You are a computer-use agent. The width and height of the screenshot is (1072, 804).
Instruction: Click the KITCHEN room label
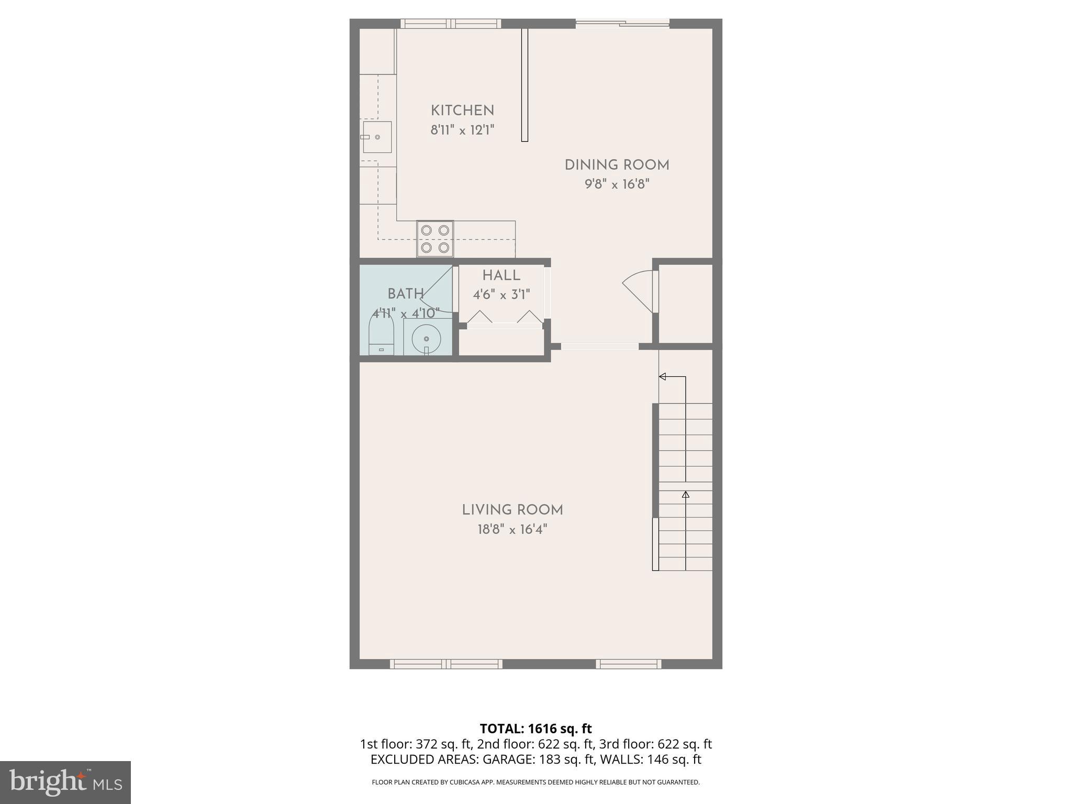point(462,111)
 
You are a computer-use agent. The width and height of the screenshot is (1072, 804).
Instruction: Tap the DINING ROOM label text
point(617,165)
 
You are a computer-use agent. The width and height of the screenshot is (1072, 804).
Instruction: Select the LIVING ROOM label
point(512,510)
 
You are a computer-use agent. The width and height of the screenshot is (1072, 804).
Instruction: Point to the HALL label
point(501,276)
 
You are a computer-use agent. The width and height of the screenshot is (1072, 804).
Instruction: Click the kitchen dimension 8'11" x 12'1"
point(462,130)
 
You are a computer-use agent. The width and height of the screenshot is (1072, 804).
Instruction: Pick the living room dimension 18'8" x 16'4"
point(512,530)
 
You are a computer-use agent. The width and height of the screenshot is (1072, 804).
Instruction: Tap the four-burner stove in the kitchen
point(435,239)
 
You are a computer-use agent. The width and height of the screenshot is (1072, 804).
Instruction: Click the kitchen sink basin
point(377,137)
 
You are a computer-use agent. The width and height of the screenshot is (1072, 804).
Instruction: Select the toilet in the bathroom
point(381,335)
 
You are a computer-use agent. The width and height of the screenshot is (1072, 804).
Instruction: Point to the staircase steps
point(685,487)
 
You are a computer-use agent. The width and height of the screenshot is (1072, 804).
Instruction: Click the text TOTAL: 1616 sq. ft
point(535,729)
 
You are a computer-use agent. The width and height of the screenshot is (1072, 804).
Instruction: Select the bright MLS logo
point(65,782)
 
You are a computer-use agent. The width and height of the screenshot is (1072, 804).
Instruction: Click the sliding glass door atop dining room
point(622,23)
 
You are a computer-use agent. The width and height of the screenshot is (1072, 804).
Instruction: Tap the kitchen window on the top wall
point(451,24)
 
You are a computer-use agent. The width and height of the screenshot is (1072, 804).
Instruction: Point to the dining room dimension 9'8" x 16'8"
point(617,185)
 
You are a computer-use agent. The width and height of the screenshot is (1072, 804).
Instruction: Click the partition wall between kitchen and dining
point(524,85)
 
